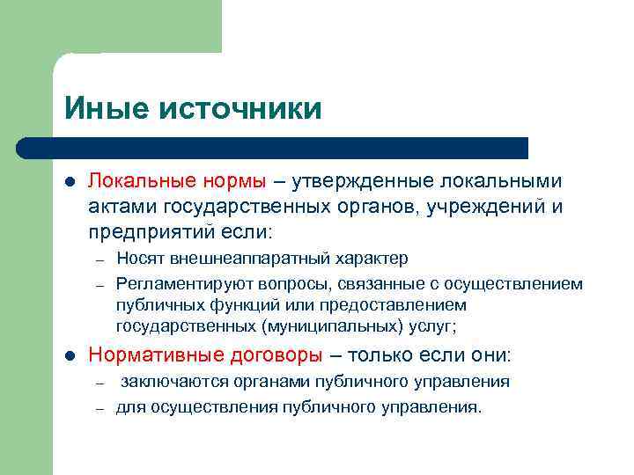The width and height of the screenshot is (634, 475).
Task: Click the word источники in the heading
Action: pos(240,108)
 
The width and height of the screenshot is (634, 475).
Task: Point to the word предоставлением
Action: pos(393,304)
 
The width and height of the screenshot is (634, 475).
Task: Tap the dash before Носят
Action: pos(101,259)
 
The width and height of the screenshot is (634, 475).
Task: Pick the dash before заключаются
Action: pos(101,383)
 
